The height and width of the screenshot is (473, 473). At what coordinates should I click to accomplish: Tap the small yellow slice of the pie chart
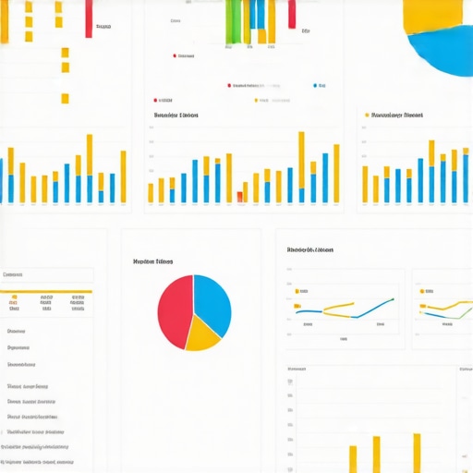pyautogui.click(x=203, y=338)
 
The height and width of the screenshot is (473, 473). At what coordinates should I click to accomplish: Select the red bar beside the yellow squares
pyautogui.click(x=89, y=18)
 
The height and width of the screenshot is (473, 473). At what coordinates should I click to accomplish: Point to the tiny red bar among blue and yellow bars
pyautogui.click(x=240, y=196)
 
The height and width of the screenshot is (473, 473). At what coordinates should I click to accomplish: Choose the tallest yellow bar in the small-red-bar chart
pyautogui.click(x=301, y=166)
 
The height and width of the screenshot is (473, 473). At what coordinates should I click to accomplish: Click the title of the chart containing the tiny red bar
pyautogui.click(x=176, y=116)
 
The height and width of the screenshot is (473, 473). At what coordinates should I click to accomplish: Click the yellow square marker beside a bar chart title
pyautogui.click(x=368, y=115)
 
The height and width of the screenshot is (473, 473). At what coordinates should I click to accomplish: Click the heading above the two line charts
pyautogui.click(x=309, y=249)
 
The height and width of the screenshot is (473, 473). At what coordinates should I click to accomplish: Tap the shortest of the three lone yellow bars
pyautogui.click(x=353, y=459)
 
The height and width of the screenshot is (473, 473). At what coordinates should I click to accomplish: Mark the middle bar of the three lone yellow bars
pyautogui.click(x=376, y=454)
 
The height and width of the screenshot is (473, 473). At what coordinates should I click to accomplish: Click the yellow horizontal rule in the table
pyautogui.click(x=46, y=292)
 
